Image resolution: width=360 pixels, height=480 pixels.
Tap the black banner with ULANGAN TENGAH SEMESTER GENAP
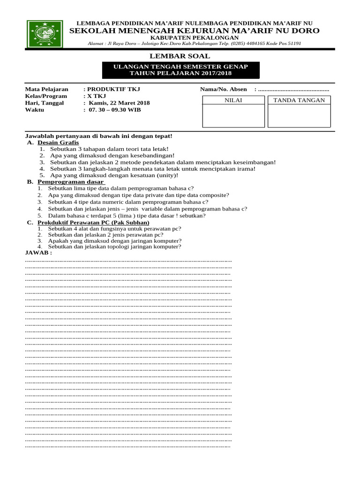[x=180, y=70]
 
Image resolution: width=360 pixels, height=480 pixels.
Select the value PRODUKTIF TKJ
[x=113, y=89]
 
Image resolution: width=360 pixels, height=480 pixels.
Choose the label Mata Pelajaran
[x=46, y=89]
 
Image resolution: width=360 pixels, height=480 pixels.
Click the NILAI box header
[x=233, y=100]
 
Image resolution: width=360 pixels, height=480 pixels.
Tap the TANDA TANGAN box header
[x=299, y=100]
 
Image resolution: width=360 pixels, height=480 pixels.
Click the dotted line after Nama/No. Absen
[x=293, y=90]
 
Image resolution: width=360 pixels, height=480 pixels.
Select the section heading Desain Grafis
[x=59, y=142]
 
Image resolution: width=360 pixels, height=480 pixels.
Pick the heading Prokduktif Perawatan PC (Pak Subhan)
[x=94, y=222]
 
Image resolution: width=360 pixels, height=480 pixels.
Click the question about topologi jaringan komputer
[x=114, y=247]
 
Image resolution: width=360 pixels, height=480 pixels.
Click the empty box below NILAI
[x=233, y=116]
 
